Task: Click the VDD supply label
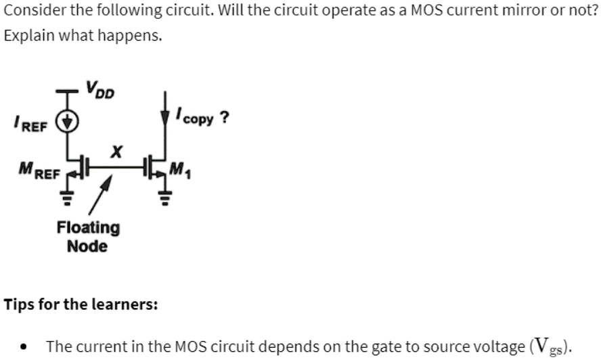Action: tap(99, 89)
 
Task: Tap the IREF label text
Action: tap(30, 123)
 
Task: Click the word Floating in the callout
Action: tap(88, 227)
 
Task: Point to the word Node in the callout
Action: tap(87, 246)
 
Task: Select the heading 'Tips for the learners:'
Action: tap(81, 304)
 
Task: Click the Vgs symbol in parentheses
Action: tap(558, 347)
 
